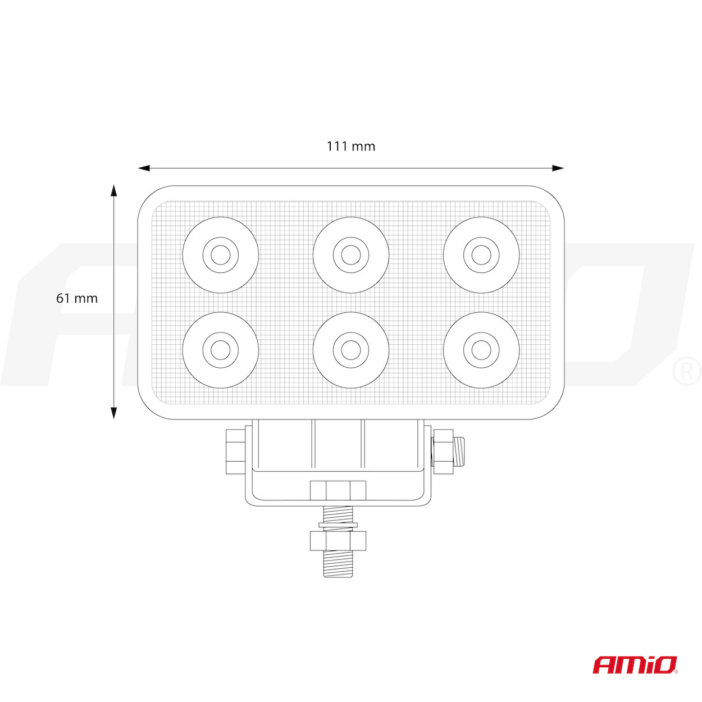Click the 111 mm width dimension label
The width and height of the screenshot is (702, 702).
pos(350,147)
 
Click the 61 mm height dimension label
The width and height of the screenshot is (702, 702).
pos(77,298)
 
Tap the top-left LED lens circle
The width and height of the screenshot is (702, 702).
pos(220,254)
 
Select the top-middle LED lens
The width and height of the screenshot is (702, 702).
pos(351,254)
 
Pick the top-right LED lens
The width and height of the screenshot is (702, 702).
pos(481,254)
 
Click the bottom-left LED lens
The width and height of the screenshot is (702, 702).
pos(220,350)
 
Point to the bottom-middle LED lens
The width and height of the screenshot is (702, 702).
pos(351,350)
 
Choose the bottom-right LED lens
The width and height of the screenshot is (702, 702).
pos(481,350)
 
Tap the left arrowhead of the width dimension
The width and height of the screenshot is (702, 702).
pos(144,168)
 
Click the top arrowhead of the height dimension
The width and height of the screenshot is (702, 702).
pos(113,190)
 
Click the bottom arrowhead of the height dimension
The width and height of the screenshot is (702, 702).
pos(113,413)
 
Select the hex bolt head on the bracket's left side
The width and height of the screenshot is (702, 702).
pos(236,452)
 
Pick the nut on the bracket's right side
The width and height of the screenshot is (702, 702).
pos(443,452)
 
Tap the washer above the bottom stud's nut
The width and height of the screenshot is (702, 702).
pos(338,525)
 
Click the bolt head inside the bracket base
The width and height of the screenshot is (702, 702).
pos(338,490)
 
